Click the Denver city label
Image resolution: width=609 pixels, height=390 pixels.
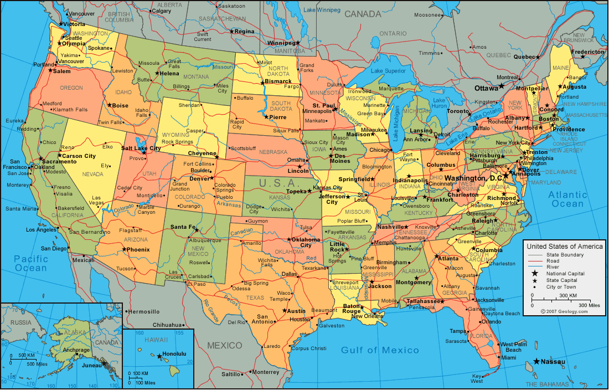199,178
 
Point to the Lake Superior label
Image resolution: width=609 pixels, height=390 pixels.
388,71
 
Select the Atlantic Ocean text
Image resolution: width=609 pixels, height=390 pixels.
567,199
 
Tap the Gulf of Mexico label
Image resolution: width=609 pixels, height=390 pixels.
380,350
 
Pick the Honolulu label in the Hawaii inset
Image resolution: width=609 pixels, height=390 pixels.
174,353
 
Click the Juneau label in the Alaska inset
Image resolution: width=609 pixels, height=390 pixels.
91,365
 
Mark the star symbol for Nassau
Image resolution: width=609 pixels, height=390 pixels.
536,362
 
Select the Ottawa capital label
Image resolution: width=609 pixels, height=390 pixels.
486,88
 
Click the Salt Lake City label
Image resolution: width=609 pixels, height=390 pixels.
141,148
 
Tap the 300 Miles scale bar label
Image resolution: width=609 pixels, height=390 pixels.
590,305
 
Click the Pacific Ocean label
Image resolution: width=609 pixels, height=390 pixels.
31,263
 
